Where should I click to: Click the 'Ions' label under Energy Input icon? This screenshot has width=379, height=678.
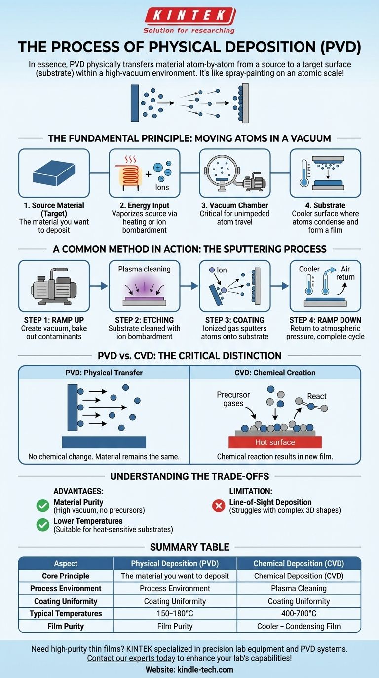click(x=162, y=187)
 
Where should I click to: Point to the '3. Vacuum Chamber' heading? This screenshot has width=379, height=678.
click(x=234, y=205)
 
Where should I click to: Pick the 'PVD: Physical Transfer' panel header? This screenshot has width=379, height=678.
click(x=104, y=373)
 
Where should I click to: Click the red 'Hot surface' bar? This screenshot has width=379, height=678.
click(x=275, y=442)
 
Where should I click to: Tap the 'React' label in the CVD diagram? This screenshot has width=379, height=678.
click(x=316, y=396)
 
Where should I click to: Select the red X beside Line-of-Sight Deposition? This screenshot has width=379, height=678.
click(x=218, y=506)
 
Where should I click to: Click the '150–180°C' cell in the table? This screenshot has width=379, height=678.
click(x=175, y=614)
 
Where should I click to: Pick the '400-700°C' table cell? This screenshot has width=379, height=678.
click(x=299, y=614)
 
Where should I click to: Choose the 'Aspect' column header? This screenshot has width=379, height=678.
click(x=66, y=563)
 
